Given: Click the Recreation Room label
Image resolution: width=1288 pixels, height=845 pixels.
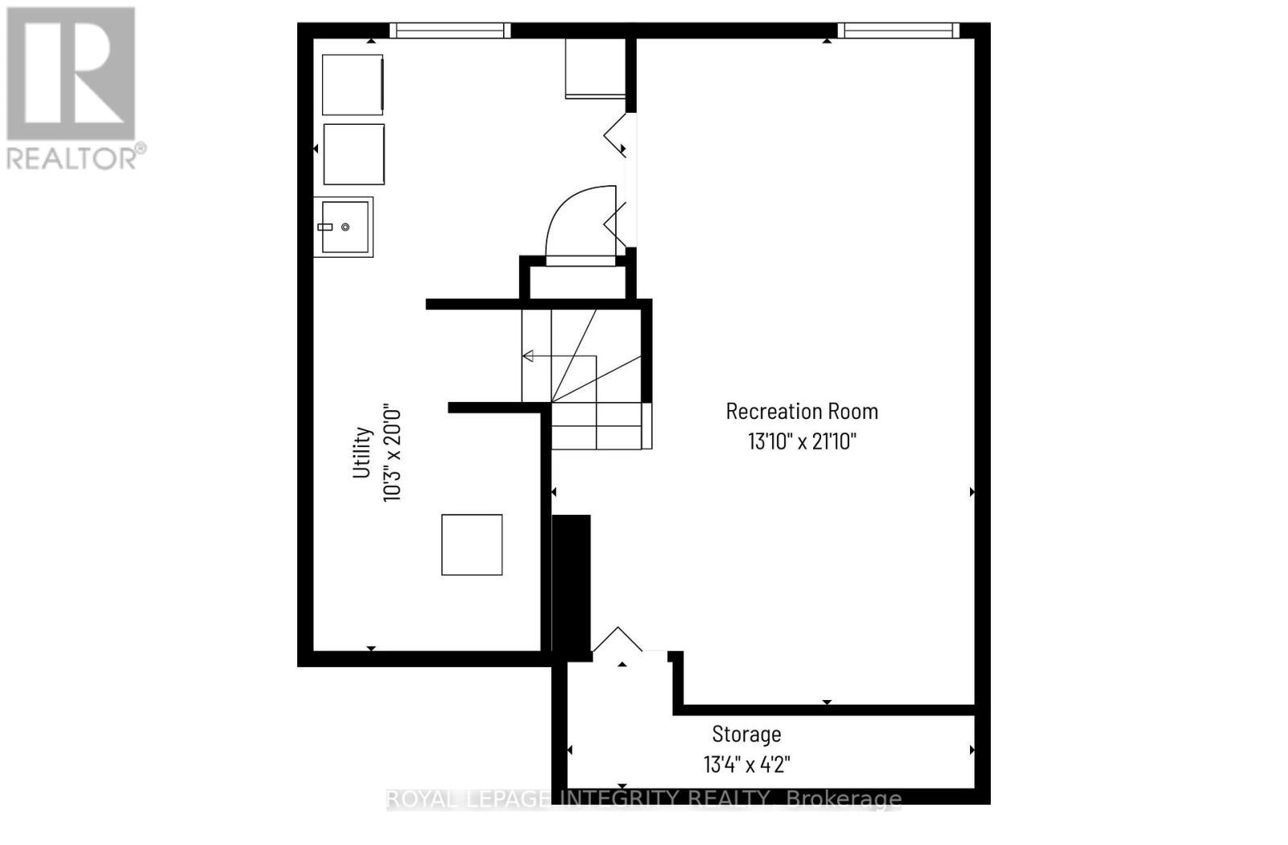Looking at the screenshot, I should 802,412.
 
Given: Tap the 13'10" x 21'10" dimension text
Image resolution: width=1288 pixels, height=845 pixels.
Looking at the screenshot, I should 802,441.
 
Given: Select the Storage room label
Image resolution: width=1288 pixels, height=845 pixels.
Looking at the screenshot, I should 746,735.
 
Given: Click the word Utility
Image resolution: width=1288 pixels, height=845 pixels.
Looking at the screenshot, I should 362,452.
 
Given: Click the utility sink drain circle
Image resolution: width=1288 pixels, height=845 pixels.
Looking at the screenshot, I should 345,227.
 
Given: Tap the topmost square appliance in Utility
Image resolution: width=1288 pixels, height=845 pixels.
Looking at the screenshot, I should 352,85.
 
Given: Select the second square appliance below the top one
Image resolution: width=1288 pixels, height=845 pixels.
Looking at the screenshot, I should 353,154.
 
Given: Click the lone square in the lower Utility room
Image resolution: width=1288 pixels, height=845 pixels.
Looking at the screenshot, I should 472,545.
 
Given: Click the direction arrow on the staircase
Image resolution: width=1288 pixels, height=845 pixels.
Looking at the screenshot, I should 528,356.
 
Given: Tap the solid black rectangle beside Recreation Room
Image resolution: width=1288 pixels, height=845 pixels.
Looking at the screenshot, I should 572,588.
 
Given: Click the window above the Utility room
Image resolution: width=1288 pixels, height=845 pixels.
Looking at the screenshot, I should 450,31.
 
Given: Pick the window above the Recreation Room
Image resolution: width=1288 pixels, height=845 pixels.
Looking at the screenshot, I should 898,31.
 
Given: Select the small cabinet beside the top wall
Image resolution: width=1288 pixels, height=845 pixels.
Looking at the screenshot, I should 595,68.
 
